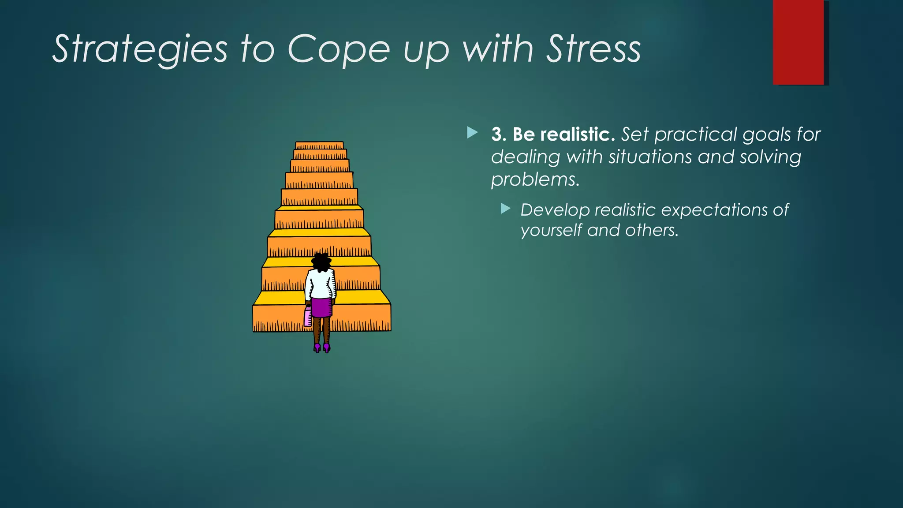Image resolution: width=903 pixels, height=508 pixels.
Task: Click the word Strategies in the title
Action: (x=140, y=49)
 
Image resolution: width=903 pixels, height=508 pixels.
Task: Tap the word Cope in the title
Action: (x=339, y=49)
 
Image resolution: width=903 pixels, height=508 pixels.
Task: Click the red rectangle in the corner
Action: (x=798, y=42)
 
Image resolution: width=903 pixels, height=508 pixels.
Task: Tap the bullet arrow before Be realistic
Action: (x=472, y=132)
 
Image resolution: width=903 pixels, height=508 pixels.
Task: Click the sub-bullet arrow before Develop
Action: (x=506, y=209)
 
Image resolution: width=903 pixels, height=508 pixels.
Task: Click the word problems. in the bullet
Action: (x=535, y=180)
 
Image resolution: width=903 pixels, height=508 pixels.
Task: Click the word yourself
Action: (x=551, y=231)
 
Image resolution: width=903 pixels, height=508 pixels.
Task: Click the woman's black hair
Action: (x=321, y=262)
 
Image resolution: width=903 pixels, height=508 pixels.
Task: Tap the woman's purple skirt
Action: (x=321, y=308)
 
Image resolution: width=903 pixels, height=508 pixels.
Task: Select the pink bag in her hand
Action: (x=308, y=317)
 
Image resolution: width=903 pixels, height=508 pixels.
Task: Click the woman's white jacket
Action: (x=321, y=284)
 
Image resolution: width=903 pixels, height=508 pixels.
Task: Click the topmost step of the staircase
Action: (x=319, y=146)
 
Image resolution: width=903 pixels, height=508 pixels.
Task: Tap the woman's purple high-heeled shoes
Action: (x=322, y=348)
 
